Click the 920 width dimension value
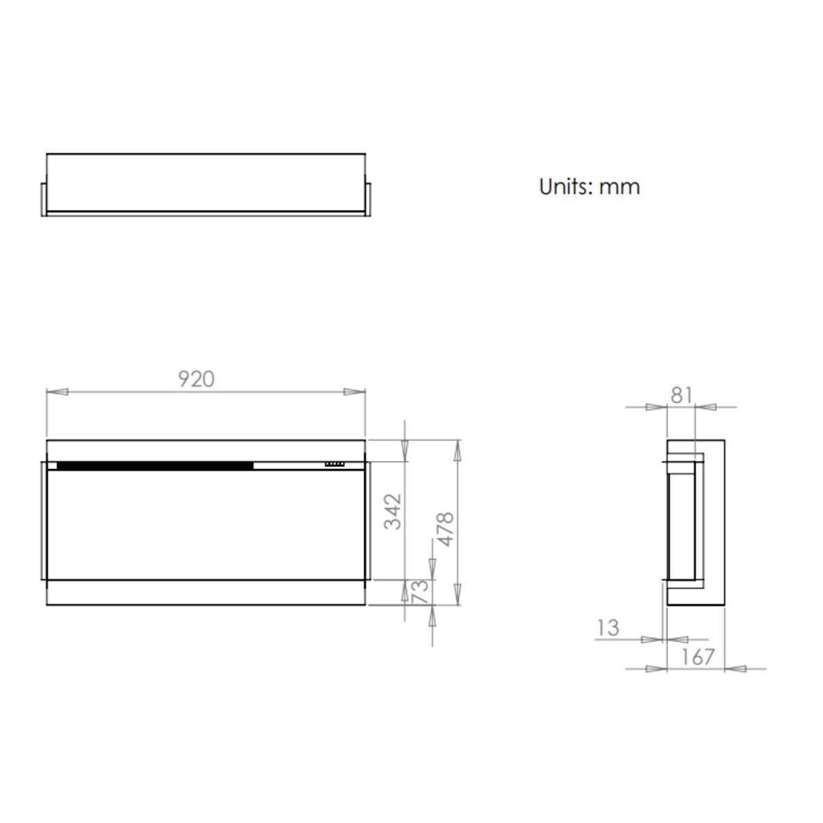tap(196, 379)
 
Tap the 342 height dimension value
tap(393, 511)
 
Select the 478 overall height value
tap(446, 529)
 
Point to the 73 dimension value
tap(420, 591)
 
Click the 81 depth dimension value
tap(681, 395)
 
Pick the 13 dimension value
tap(608, 628)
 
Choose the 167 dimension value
tap(698, 656)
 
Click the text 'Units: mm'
tap(589, 187)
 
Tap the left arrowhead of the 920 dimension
tap(58, 392)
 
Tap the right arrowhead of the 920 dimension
tap(354, 392)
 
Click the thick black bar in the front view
tap(155, 466)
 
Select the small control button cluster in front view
tap(335, 464)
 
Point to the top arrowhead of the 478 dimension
tap(458, 451)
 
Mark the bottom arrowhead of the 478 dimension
tap(458, 594)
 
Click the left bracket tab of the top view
tap(44, 199)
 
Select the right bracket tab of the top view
tap(368, 199)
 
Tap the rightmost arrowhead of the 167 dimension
tap(736, 668)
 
